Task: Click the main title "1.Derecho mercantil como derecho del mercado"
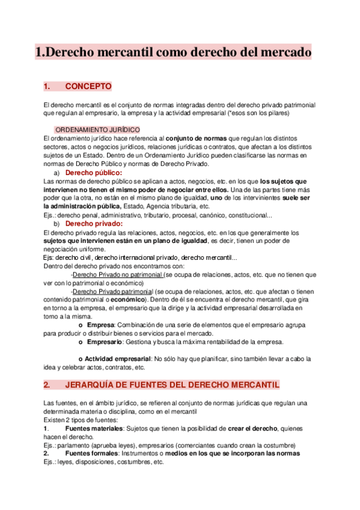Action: pyautogui.click(x=173, y=52)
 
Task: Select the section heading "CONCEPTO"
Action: pyautogui.click(x=88, y=87)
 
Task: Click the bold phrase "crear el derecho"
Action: pyautogui.click(x=251, y=428)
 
